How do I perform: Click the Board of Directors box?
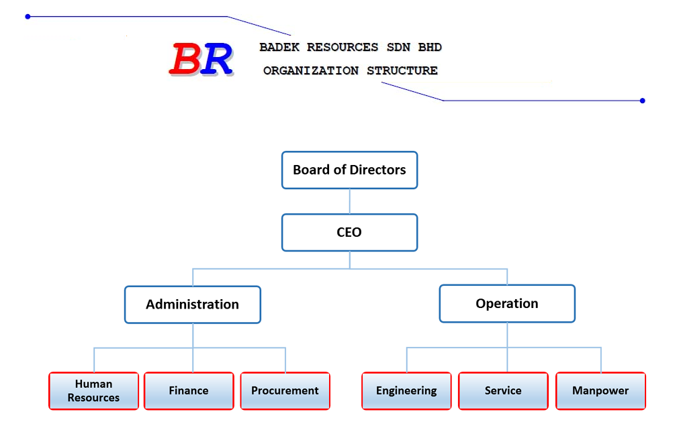[x=349, y=170]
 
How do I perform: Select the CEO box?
[x=349, y=233]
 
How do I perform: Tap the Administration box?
[x=193, y=305]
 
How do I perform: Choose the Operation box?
[x=507, y=303]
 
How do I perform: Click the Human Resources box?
[x=93, y=391]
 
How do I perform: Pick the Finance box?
[x=189, y=391]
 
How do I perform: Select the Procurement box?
[x=285, y=391]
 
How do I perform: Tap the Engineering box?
[x=406, y=391]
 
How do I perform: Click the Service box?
[x=503, y=391]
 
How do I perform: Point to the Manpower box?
[x=600, y=391]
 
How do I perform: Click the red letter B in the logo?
[x=185, y=59]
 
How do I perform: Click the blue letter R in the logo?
[x=216, y=59]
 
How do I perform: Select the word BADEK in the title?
[x=279, y=47]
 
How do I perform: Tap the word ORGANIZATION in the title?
[x=311, y=70]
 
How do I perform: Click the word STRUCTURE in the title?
[x=402, y=70]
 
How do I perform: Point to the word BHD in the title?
[x=430, y=47]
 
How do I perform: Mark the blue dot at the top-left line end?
[x=28, y=16]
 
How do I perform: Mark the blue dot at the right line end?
[x=643, y=101]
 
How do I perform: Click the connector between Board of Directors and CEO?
[x=349, y=201]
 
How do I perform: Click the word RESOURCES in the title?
[x=343, y=47]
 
